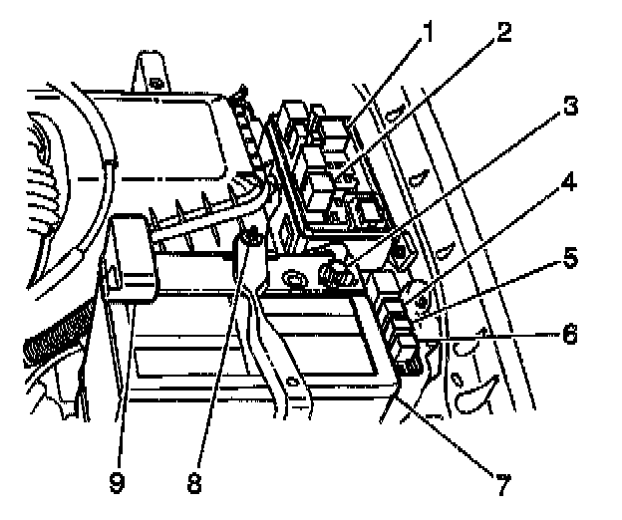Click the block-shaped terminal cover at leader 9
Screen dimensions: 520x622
pyautogui.click(x=132, y=257)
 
